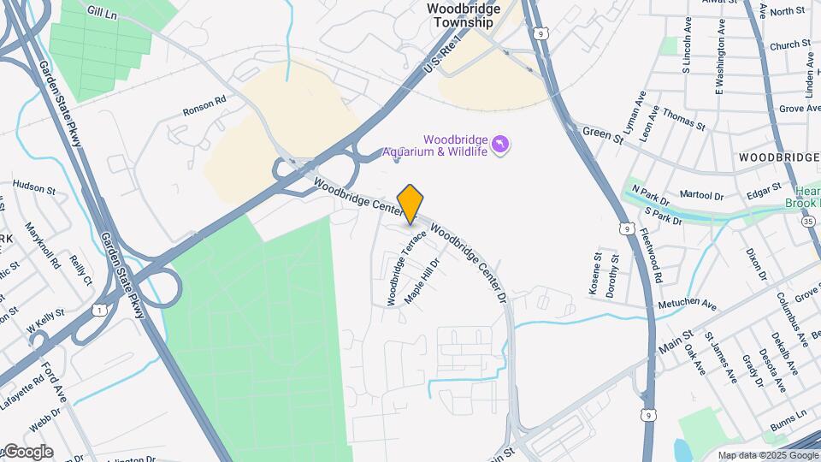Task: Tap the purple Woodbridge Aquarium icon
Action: [x=500, y=144]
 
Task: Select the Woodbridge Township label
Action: [x=462, y=15]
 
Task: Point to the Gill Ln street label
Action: [x=102, y=11]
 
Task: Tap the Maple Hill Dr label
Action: [x=422, y=281]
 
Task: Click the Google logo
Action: [x=27, y=452]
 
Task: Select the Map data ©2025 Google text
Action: [x=768, y=456]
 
